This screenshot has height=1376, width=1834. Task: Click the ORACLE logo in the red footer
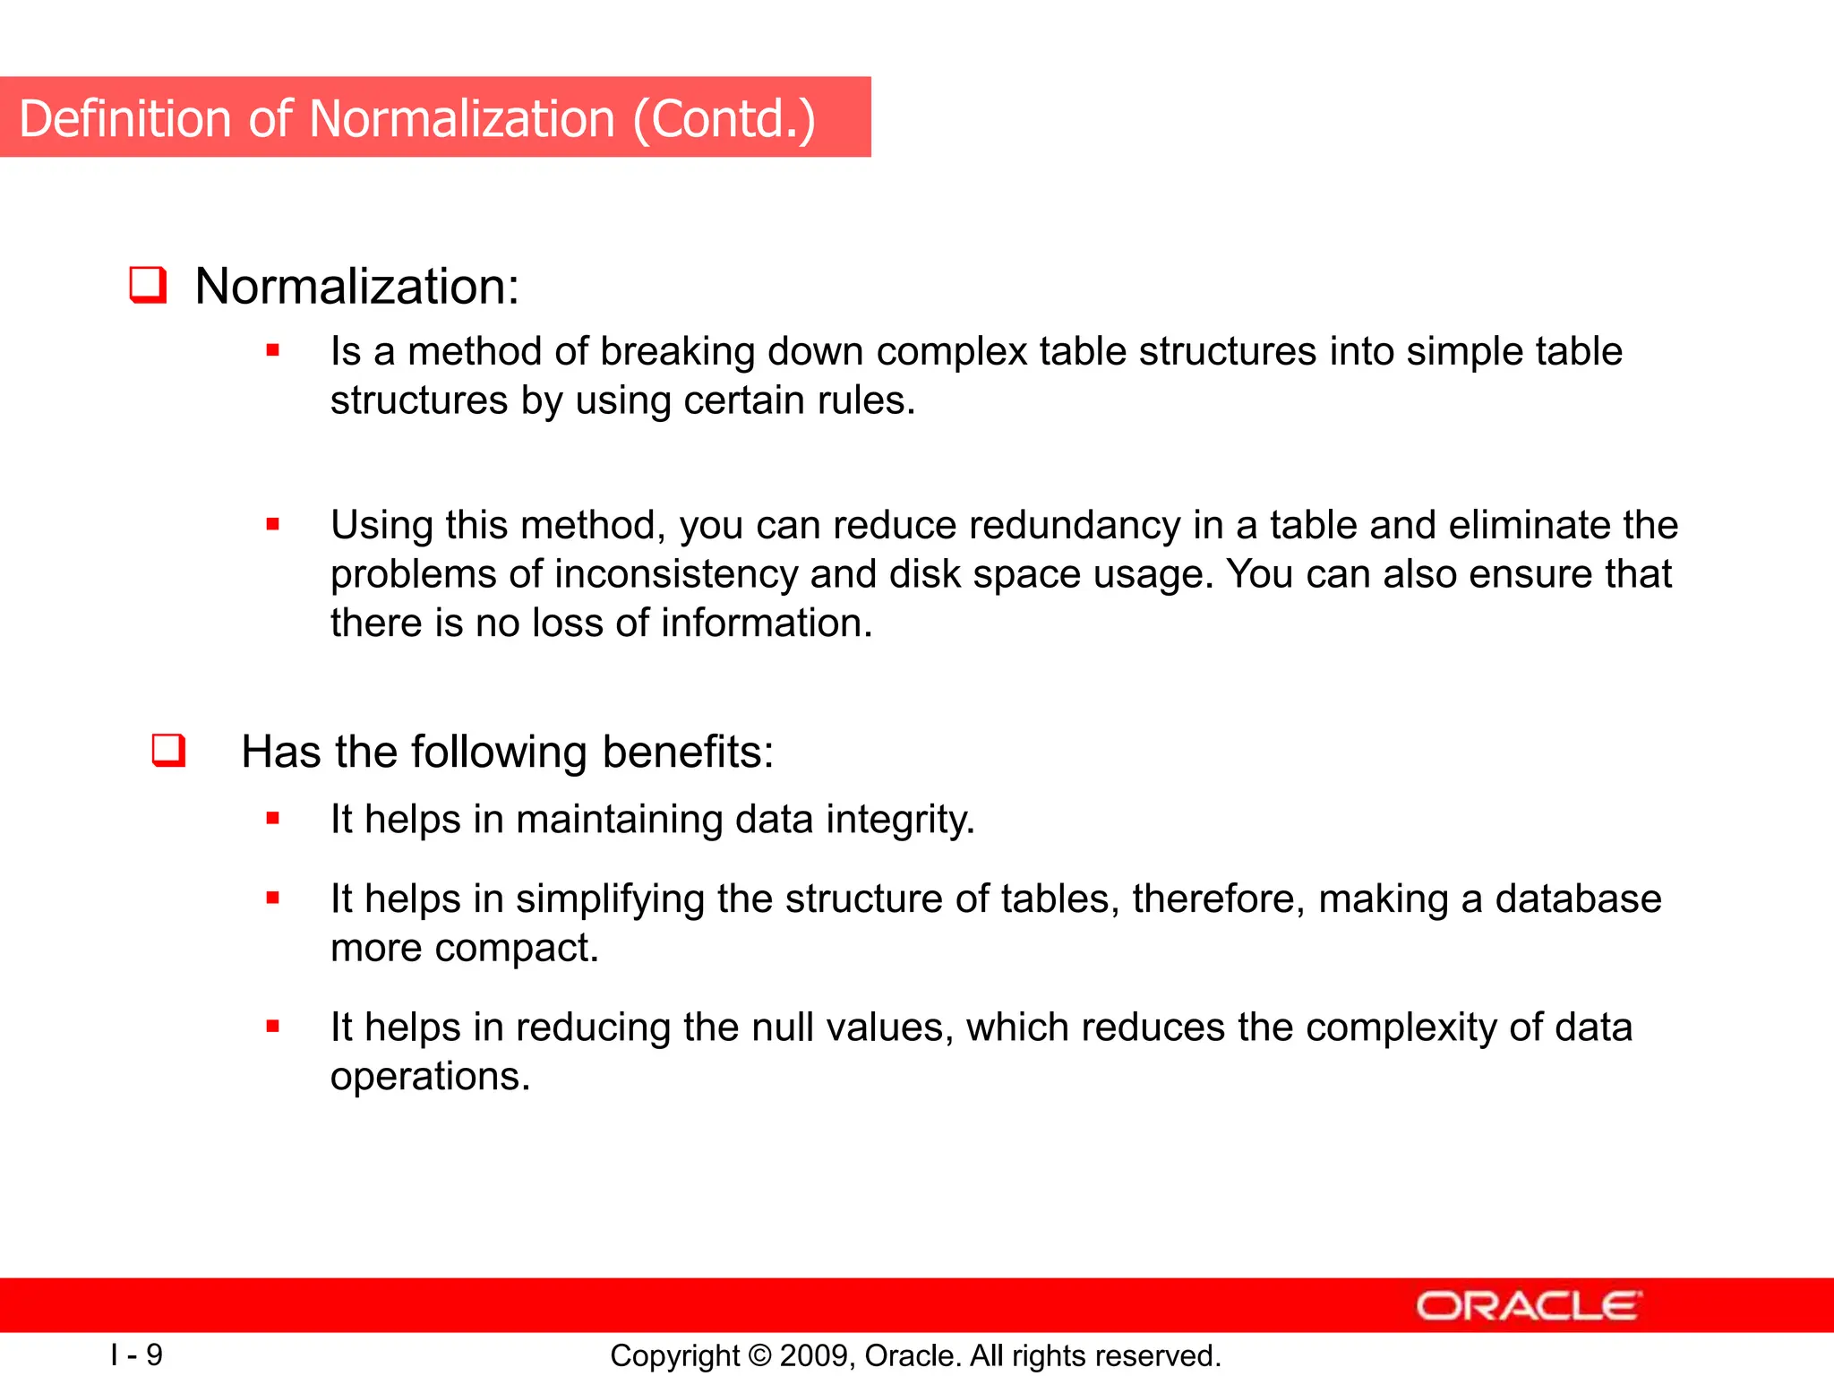tap(1528, 1306)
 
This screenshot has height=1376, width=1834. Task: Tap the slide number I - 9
tap(136, 1354)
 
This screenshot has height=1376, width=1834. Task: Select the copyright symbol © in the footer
tap(759, 1355)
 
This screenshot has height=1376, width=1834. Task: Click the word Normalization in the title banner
tap(461, 119)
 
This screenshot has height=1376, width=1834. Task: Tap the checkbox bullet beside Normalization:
tap(148, 285)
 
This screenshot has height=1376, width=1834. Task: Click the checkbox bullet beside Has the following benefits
tap(168, 750)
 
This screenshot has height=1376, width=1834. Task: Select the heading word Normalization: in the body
tap(356, 287)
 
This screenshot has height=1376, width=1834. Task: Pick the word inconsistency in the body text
tap(676, 574)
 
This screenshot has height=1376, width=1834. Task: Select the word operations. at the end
tap(430, 1077)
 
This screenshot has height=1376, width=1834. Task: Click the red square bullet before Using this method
tap(273, 524)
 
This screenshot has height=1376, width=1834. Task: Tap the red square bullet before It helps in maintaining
tap(273, 818)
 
